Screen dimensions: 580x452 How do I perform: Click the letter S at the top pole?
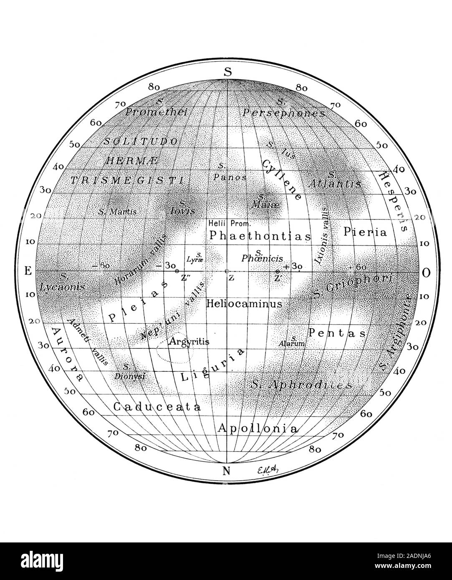coord(227,71)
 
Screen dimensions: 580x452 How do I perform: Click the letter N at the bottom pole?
coord(227,472)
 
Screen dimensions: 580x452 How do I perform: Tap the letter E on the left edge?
coord(28,271)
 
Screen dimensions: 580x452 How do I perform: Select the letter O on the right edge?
coord(426,273)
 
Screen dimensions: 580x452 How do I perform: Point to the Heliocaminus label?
coord(244,304)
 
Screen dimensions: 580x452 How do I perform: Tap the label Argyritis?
coord(189,341)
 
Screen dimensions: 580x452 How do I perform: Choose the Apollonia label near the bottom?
coord(258,429)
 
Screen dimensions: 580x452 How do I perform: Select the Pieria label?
coord(365,232)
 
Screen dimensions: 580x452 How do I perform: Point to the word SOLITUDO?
coord(142,141)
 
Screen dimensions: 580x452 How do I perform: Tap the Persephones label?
coord(283,113)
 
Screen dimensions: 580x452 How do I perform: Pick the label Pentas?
coord(337,333)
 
